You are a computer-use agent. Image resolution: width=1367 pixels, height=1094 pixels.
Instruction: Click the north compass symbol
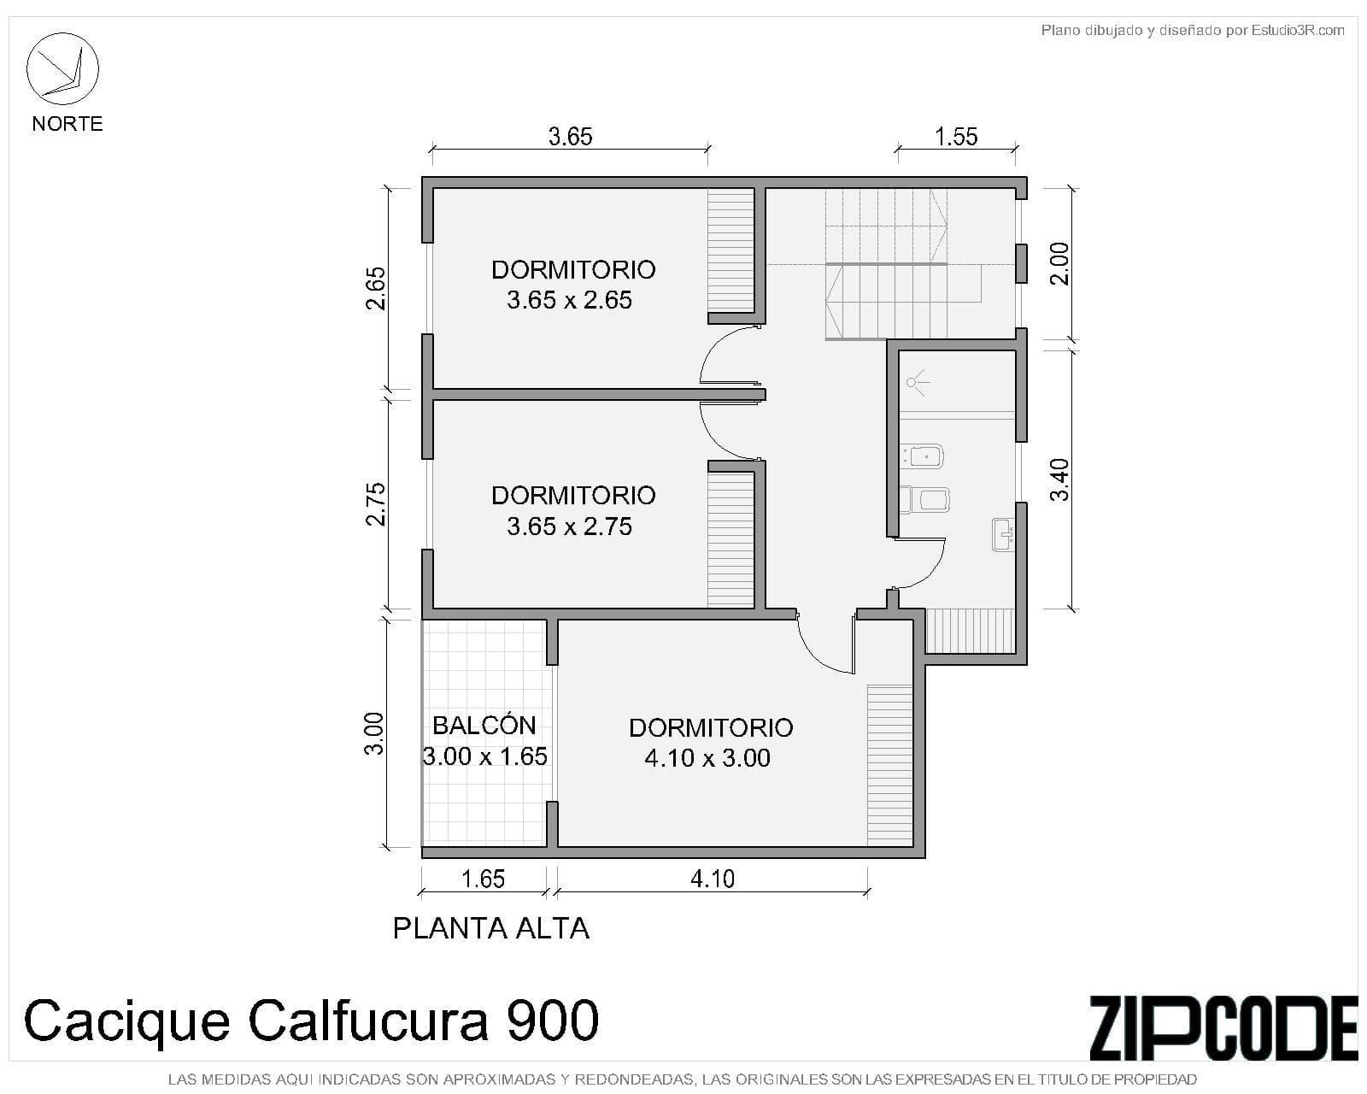(62, 68)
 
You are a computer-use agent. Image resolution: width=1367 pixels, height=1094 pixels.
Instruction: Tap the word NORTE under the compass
(67, 123)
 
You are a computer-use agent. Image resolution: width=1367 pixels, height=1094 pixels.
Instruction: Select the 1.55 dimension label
(956, 137)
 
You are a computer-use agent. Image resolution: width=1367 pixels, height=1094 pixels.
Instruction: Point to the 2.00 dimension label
(1059, 264)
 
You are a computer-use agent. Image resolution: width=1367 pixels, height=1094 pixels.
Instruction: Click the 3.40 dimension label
(1059, 480)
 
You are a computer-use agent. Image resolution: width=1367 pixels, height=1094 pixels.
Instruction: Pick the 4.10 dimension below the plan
(712, 879)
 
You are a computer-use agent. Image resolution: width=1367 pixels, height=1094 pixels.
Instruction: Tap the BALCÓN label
(484, 726)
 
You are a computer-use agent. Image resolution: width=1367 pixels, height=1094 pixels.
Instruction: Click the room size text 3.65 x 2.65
(570, 300)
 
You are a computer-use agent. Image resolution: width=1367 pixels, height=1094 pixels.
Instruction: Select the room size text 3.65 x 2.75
(570, 526)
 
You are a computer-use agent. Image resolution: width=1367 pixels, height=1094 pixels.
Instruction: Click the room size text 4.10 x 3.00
(707, 758)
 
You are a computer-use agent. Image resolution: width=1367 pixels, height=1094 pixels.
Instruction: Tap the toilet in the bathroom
(925, 500)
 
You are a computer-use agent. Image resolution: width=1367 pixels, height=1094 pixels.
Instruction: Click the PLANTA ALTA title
(491, 929)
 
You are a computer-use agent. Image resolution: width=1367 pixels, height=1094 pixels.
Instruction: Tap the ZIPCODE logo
(1223, 1028)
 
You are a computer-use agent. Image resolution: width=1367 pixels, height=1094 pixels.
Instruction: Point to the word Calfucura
(367, 1020)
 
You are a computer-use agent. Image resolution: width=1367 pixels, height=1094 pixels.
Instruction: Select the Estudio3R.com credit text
(1298, 30)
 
